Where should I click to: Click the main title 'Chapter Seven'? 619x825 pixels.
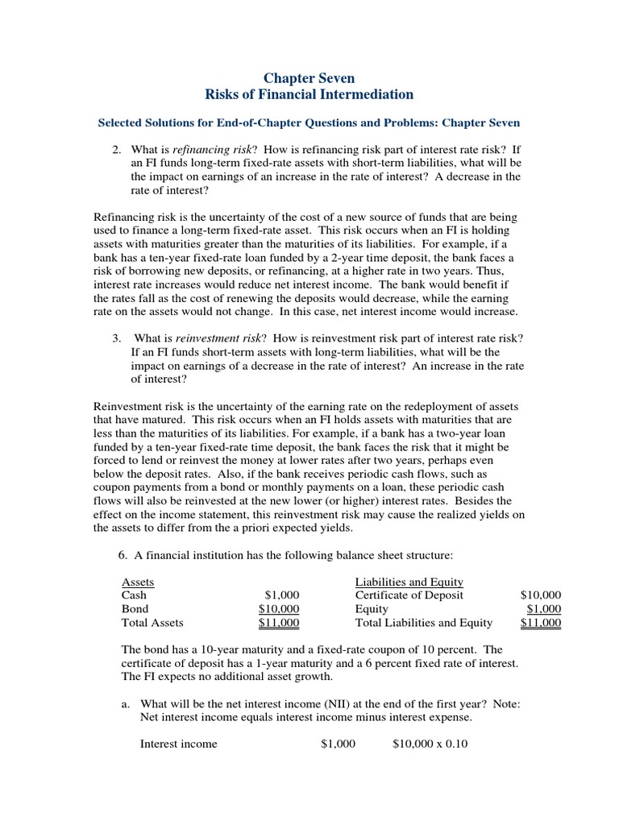point(309,78)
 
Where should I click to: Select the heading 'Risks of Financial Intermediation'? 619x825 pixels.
point(309,95)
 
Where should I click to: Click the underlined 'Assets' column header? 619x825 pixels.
point(138,582)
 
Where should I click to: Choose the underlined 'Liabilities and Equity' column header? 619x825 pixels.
point(409,582)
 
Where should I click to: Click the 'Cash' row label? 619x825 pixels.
point(134,595)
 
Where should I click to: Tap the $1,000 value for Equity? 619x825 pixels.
point(544,609)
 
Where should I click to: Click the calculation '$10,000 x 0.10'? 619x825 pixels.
point(430,744)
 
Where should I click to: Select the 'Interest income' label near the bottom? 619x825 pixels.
point(178,744)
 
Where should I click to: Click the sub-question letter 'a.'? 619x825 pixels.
point(126,703)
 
